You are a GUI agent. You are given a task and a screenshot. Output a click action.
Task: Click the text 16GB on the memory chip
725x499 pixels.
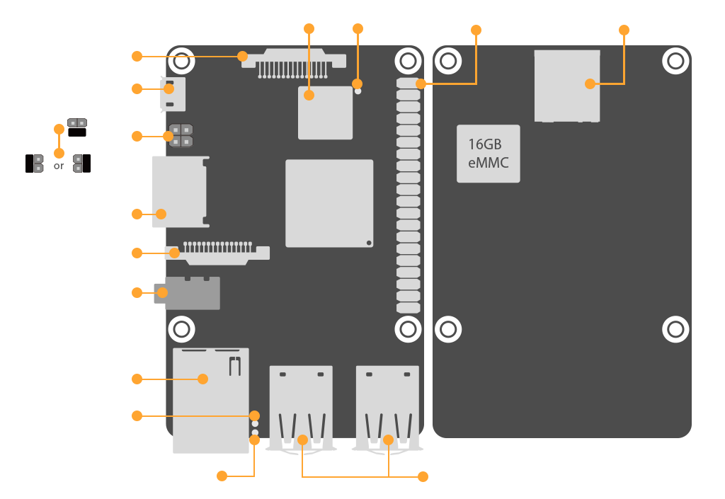pos(485,144)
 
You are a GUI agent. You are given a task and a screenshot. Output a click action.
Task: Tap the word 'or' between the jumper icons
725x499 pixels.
pos(59,166)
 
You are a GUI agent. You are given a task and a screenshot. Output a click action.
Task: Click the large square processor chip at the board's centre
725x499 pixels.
pos(329,203)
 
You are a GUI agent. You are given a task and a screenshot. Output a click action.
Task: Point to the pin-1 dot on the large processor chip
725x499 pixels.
pos(369,243)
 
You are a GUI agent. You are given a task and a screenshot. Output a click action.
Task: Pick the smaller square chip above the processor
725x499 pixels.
pos(325,113)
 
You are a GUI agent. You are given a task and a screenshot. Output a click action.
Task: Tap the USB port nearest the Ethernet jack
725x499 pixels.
pos(302,407)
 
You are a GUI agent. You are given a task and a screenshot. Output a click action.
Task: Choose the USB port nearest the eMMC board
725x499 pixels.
pos(387,407)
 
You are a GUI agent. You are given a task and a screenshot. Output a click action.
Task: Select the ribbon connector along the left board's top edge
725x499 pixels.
pos(293,62)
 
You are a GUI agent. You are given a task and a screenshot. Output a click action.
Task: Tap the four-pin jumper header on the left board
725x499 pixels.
pos(181,135)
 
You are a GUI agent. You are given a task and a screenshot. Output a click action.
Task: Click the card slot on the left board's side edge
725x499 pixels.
pos(180,192)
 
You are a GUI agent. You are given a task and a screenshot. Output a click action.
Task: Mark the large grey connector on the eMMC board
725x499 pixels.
pos(567,85)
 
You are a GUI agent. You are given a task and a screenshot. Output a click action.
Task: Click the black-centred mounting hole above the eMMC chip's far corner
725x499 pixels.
pos(675,62)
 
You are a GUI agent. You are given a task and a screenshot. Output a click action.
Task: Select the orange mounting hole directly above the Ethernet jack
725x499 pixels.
pos(182,329)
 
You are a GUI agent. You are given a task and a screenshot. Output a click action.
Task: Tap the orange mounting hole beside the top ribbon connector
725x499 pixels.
pos(182,61)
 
